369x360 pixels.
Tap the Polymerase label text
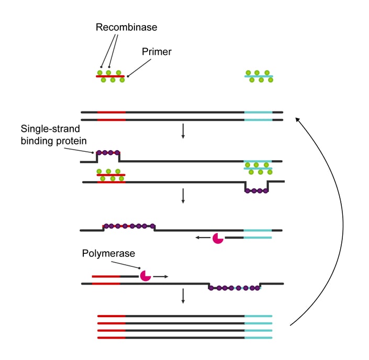[x=108, y=253]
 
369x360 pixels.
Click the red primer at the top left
[x=110, y=76]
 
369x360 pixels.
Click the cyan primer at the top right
[x=258, y=76]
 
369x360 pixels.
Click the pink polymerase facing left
[x=218, y=238]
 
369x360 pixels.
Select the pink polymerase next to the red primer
[x=145, y=275]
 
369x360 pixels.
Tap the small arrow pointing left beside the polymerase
[x=202, y=238]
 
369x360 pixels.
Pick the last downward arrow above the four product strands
[x=183, y=297]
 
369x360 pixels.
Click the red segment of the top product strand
[x=111, y=316]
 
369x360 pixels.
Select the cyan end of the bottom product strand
[x=258, y=338]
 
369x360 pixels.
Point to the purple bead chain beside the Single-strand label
[x=108, y=153]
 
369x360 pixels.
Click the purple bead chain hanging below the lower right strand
[x=256, y=191]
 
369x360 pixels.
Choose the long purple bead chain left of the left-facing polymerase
[x=129, y=226]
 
